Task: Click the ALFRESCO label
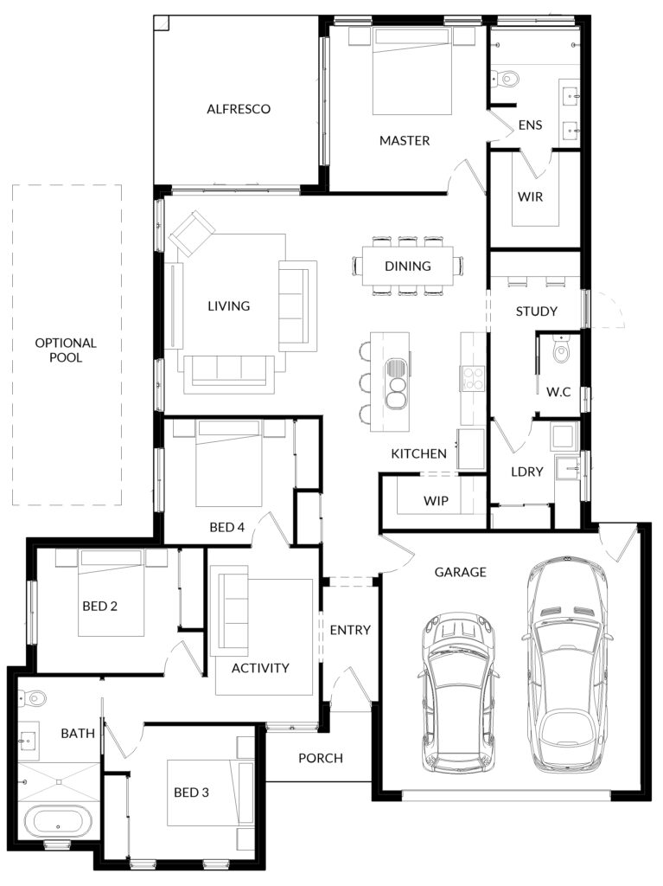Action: tap(239, 109)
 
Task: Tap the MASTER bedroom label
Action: tap(405, 141)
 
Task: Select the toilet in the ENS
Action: tap(506, 78)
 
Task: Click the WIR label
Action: tap(530, 197)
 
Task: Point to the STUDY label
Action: tap(536, 311)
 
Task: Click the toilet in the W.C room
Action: tap(561, 350)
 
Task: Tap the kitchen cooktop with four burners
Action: tap(473, 379)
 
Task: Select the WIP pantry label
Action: tap(436, 501)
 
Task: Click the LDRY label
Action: tap(527, 472)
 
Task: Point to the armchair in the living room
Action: tap(192, 233)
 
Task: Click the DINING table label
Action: tap(408, 266)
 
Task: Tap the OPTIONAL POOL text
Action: tap(66, 350)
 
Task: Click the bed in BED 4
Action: tap(229, 464)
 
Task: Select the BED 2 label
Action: tap(100, 607)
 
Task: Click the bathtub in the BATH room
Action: tap(58, 823)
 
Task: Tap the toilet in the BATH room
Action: tap(34, 698)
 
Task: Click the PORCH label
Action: tap(320, 758)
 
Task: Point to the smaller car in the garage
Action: tap(458, 693)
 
